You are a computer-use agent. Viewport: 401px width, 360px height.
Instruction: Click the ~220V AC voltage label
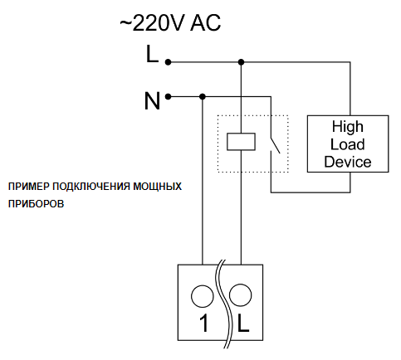pos(170,22)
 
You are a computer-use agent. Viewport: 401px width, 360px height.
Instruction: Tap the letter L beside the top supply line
pos(152,54)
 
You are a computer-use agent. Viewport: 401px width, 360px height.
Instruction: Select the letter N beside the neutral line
pos(152,101)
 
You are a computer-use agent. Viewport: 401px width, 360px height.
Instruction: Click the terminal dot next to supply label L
pos(168,62)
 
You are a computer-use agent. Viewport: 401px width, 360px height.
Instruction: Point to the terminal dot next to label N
pos(168,97)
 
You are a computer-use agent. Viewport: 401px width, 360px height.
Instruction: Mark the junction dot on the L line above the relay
pos(241,62)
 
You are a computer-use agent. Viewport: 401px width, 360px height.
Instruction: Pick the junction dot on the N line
pos(203,97)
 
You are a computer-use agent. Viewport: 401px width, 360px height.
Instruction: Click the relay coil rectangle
pos(241,142)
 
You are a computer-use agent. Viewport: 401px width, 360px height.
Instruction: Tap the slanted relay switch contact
pos(275,144)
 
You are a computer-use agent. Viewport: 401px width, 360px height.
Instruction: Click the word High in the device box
pos(348,127)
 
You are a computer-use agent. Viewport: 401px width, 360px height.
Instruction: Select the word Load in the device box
pos(348,144)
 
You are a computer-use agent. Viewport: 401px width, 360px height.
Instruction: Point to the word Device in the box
pos(348,162)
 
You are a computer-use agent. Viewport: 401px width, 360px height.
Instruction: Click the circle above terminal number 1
pos(203,296)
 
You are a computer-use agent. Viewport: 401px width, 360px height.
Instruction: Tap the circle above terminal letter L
pos(241,295)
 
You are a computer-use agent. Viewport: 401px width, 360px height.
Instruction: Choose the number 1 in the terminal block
pos(204,323)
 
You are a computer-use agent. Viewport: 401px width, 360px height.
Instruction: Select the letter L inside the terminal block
pos(243,323)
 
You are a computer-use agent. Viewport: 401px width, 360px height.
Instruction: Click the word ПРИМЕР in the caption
pos(27,187)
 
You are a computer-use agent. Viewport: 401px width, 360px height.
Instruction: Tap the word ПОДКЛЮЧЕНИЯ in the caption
pos(91,187)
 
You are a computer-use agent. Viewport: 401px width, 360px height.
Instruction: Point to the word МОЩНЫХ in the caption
pos(158,187)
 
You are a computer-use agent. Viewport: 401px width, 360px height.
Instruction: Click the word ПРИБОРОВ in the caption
pos(36,204)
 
